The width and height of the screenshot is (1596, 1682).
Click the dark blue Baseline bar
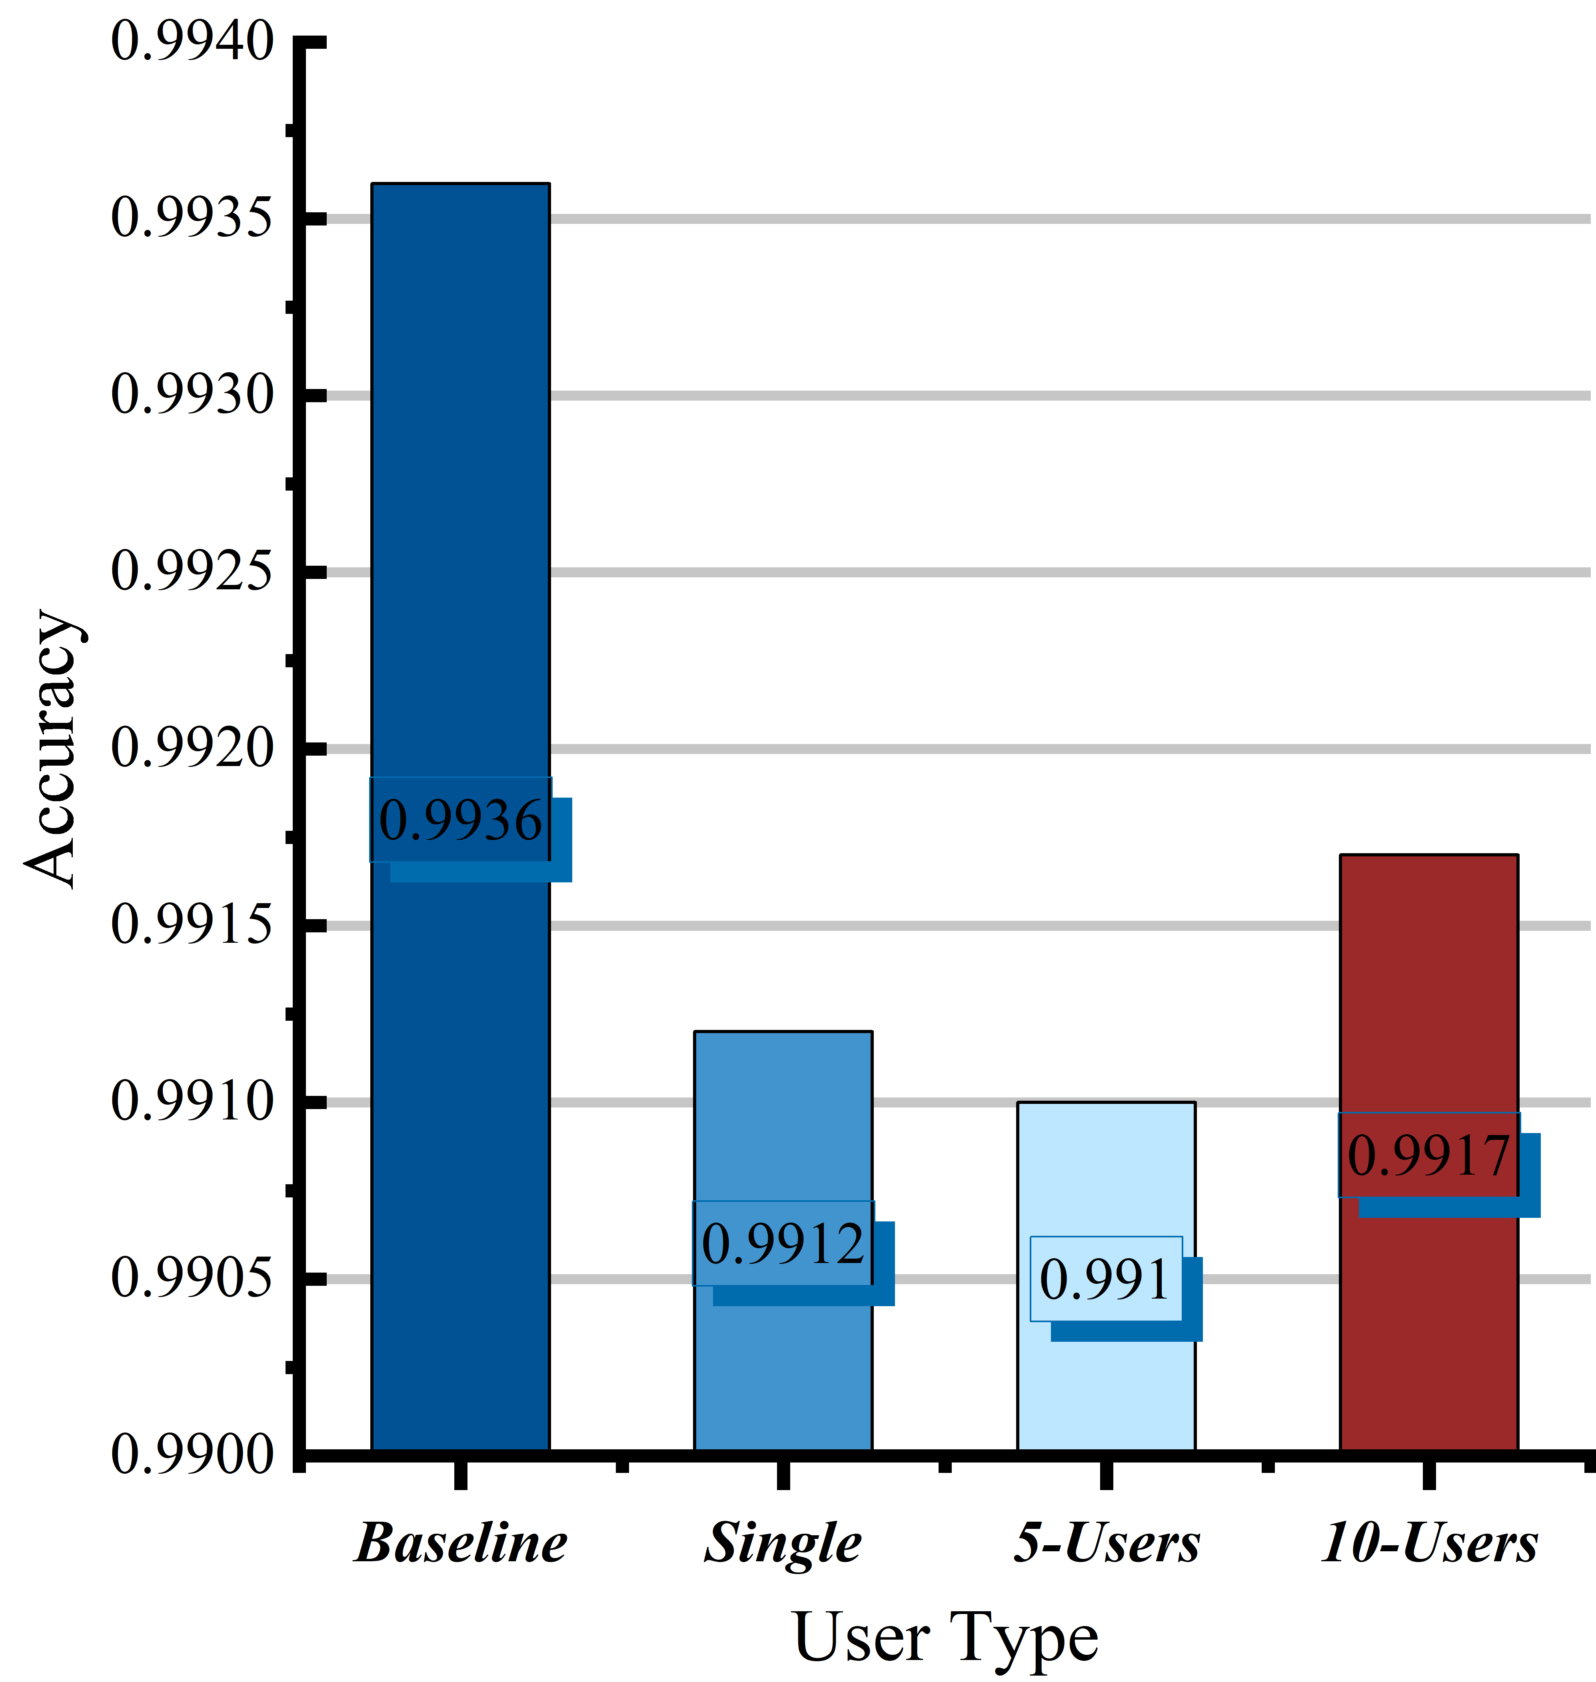460,816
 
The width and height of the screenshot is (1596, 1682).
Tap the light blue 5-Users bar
1106,1275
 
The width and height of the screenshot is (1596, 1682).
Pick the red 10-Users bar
1429,1152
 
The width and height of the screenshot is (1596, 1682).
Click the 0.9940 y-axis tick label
193,41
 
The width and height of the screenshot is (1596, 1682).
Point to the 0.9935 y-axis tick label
193,217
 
